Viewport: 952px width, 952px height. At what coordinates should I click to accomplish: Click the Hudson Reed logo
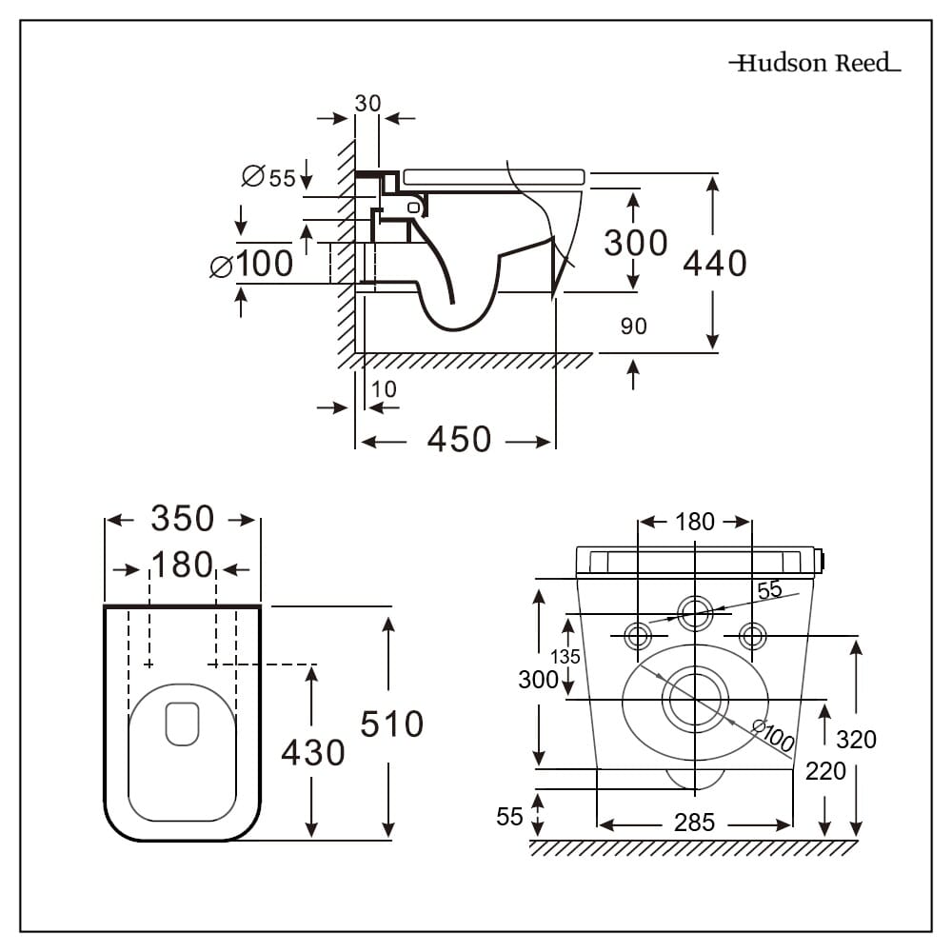click(814, 64)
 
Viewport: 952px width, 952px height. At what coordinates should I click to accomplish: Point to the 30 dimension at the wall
click(367, 103)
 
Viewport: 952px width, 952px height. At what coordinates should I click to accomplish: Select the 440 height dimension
click(715, 263)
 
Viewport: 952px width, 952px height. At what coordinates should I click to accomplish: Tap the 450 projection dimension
click(459, 440)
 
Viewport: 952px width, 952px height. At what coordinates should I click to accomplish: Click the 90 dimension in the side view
click(633, 327)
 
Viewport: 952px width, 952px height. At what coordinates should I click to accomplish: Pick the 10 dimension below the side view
click(385, 389)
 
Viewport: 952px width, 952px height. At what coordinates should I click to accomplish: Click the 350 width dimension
click(182, 519)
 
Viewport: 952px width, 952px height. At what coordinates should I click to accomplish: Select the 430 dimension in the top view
click(312, 753)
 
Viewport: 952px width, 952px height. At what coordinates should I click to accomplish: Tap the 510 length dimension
click(391, 724)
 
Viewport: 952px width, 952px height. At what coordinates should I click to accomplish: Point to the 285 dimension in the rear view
click(694, 823)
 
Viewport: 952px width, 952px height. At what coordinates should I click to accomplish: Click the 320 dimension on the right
click(856, 739)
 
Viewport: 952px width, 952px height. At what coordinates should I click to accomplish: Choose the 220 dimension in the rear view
click(824, 771)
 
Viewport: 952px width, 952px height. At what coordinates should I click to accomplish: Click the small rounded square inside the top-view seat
click(182, 724)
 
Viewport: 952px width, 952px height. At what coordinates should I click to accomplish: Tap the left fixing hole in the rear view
click(638, 635)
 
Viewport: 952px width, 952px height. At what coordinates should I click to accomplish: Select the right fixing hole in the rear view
click(752, 635)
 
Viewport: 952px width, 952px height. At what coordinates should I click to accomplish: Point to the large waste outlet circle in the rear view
click(695, 699)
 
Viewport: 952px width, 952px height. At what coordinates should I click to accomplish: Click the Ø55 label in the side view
click(269, 177)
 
